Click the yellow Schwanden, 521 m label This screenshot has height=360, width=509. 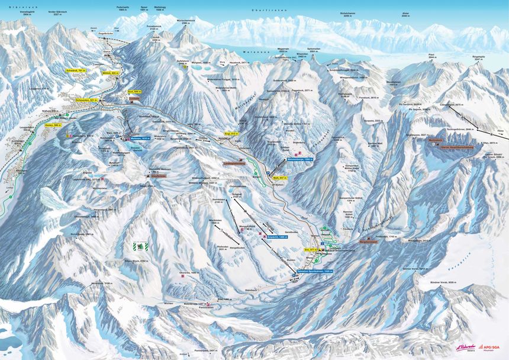85,100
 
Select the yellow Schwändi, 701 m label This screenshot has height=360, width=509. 76,70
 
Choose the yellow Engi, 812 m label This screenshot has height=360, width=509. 231,134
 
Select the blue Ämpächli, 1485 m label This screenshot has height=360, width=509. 278,236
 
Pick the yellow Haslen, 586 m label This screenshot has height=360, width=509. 54,126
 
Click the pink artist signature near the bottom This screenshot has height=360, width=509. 466,348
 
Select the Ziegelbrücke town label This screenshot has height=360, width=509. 107,34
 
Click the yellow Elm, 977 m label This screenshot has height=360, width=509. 308,250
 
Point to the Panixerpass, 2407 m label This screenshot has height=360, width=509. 203,350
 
